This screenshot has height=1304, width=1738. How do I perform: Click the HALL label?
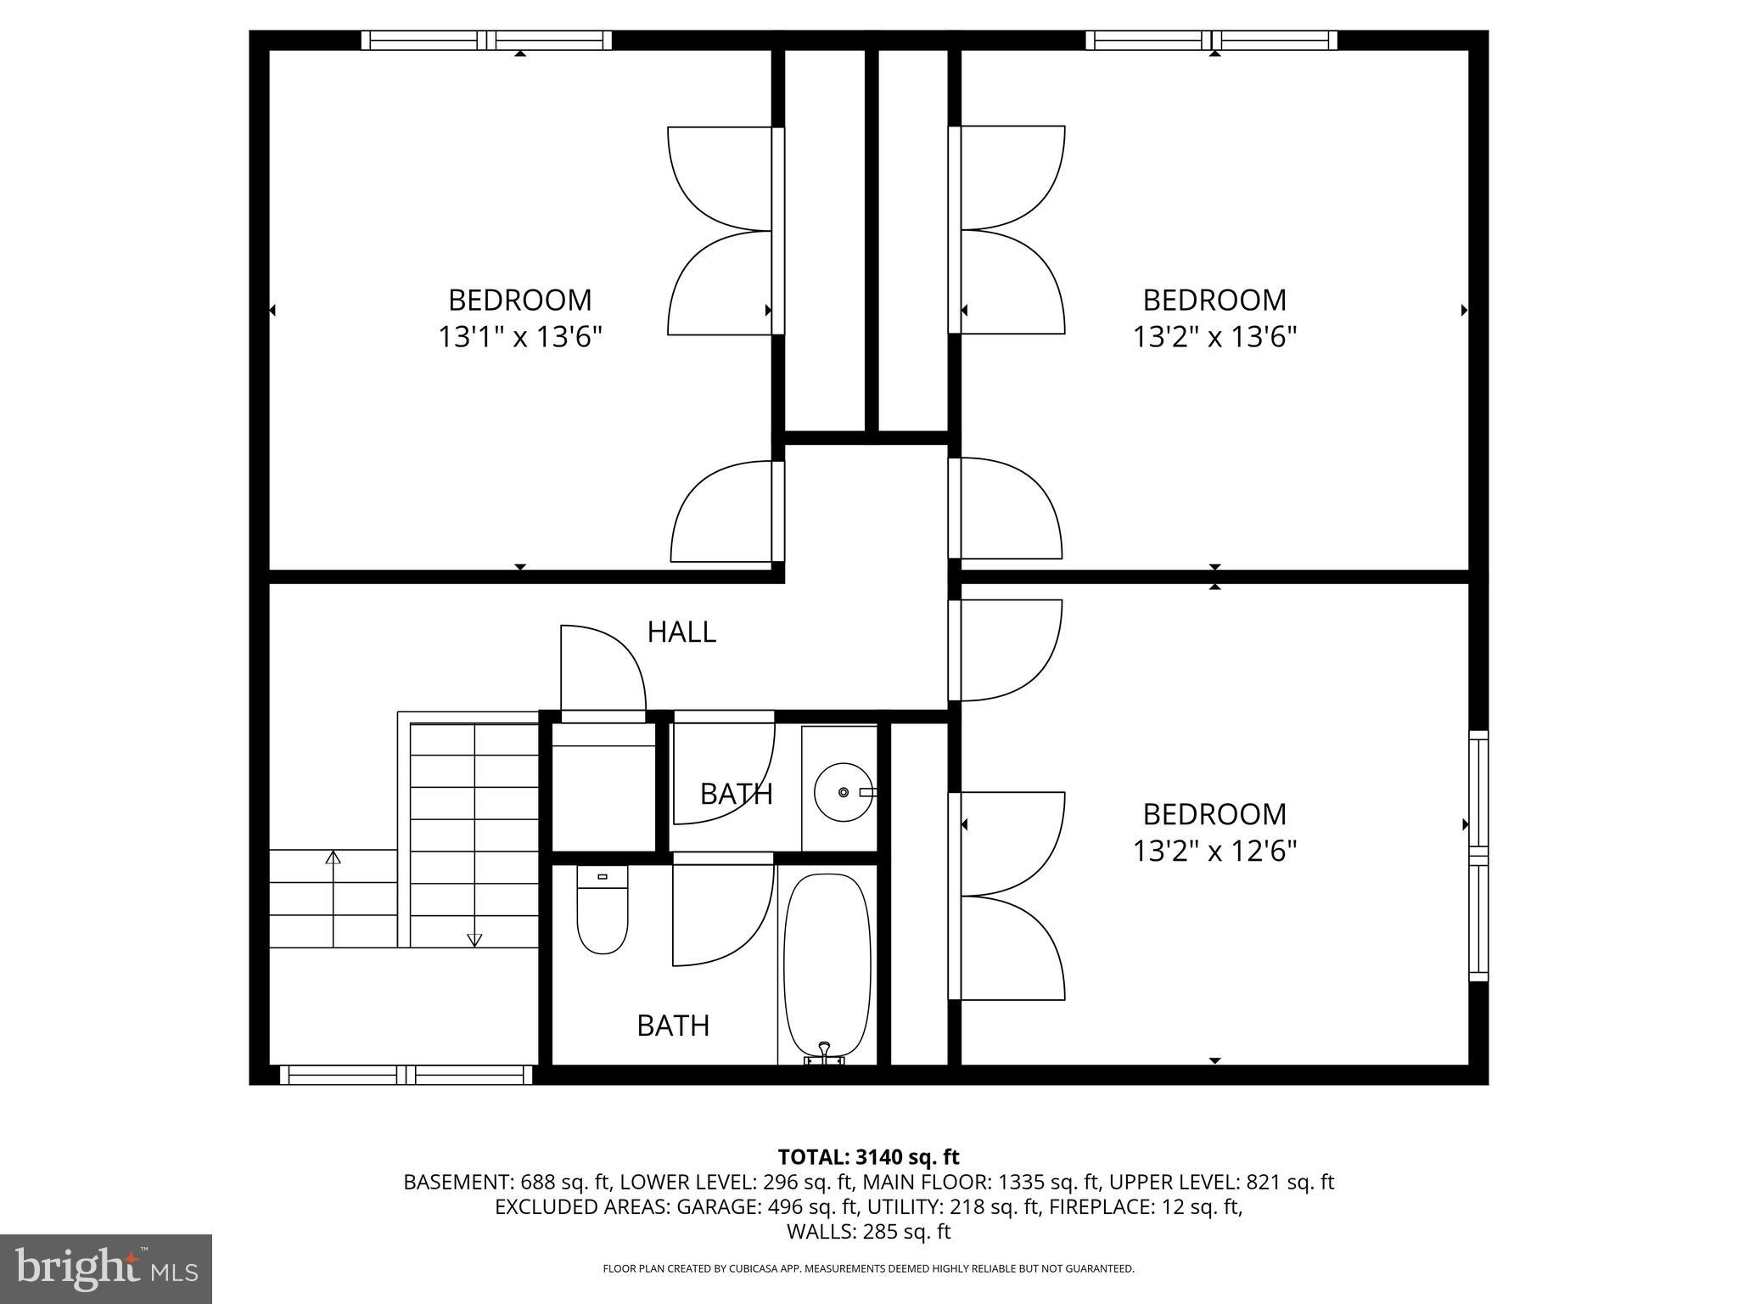click(x=681, y=632)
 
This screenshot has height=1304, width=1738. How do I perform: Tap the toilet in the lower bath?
click(x=602, y=909)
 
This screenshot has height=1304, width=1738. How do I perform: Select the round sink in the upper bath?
click(x=843, y=791)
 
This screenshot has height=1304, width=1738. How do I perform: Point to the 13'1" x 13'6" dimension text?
click(x=519, y=337)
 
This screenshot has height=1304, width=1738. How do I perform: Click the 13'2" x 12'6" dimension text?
click(x=1214, y=851)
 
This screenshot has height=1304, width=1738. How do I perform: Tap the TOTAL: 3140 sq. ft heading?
click(x=868, y=1156)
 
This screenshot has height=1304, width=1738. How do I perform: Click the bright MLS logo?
click(x=106, y=1268)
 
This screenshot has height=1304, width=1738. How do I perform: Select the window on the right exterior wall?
click(x=1477, y=856)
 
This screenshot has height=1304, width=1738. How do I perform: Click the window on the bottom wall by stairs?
click(x=406, y=1075)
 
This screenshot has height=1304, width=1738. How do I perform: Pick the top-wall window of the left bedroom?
click(x=486, y=40)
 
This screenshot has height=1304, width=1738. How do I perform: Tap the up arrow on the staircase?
click(x=333, y=857)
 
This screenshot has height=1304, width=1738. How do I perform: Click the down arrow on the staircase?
click(x=474, y=939)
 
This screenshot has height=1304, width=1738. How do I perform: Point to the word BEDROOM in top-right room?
click(x=1214, y=300)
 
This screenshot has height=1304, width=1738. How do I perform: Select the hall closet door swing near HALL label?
click(x=603, y=671)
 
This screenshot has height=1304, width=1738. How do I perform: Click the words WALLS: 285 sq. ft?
click(x=868, y=1232)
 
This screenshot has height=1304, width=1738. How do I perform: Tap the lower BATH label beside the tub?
click(x=673, y=1026)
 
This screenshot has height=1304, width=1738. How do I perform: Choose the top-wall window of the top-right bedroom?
click(x=1211, y=40)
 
